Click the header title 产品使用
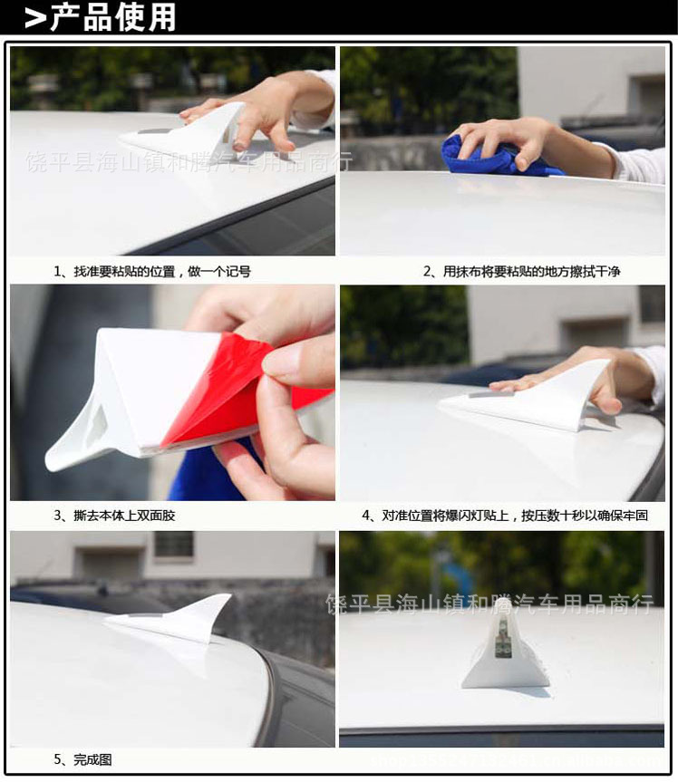point(112,17)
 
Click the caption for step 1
point(152,271)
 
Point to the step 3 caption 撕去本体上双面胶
point(114,516)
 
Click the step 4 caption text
point(505,516)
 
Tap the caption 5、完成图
point(82,759)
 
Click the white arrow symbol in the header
point(35,18)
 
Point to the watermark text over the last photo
point(489,604)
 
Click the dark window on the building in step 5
point(173,544)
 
